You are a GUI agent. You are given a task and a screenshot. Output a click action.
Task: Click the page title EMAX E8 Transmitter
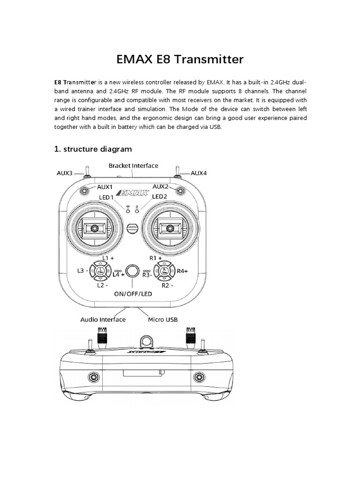[x=180, y=60]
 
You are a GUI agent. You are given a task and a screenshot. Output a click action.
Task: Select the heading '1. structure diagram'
[x=93, y=149]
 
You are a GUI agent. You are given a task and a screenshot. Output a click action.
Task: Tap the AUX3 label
[x=65, y=173]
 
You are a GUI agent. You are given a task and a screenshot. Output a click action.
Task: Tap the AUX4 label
[x=199, y=173]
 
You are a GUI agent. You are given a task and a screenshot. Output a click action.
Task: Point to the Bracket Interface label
[x=134, y=165]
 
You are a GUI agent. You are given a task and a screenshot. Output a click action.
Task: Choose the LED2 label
[x=159, y=196]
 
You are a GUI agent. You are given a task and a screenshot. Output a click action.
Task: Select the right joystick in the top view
[x=170, y=228]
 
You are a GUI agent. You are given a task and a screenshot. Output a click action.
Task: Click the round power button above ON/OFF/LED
[x=133, y=271]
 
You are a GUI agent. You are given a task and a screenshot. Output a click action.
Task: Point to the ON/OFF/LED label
[x=133, y=294]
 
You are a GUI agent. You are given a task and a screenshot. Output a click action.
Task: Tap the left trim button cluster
[x=100, y=271]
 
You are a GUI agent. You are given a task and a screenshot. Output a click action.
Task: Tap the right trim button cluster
[x=165, y=271]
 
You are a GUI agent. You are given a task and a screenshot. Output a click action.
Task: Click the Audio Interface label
[x=103, y=319]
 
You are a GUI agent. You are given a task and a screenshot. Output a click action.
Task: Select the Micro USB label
[x=162, y=319]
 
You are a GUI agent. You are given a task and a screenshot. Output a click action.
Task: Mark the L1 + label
[x=108, y=258]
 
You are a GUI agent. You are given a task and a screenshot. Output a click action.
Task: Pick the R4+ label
[x=182, y=271]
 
